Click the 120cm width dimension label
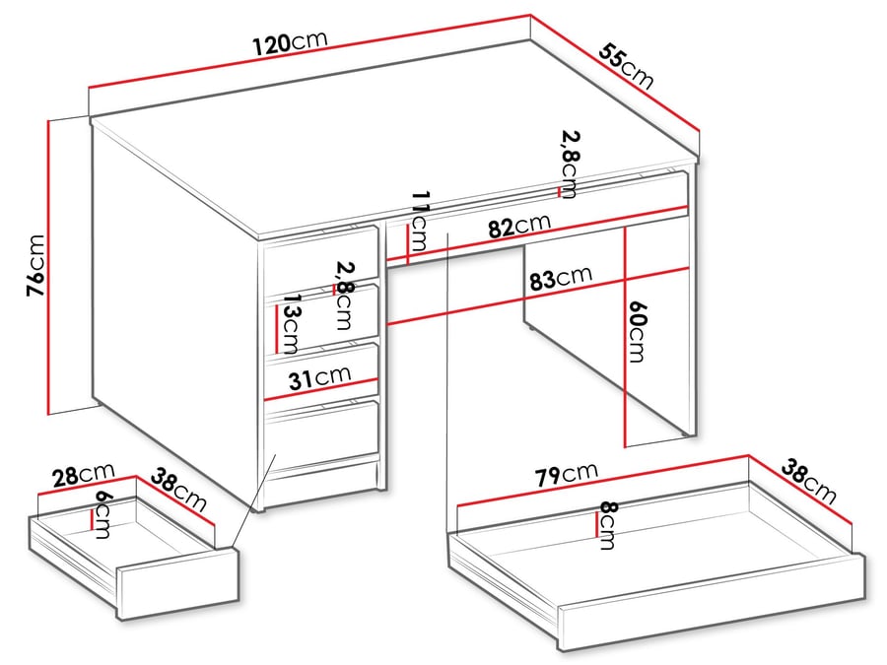click(x=289, y=44)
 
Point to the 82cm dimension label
click(x=518, y=227)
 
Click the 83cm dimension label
click(x=560, y=279)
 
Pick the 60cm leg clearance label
click(x=638, y=332)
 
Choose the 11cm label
click(x=420, y=223)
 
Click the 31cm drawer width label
click(x=320, y=377)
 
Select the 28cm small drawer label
click(x=84, y=477)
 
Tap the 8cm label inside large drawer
click(x=608, y=525)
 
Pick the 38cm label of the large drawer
click(x=808, y=481)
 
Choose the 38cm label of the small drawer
click(x=180, y=493)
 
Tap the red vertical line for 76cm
click(x=48, y=266)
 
